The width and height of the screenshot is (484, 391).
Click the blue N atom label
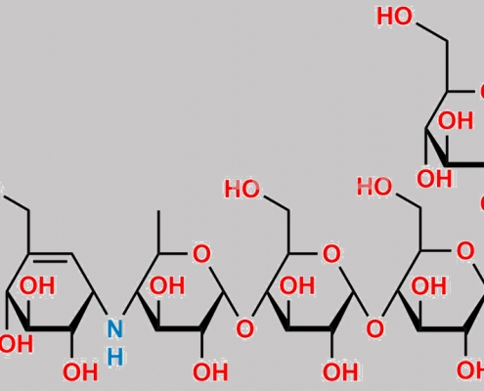115,328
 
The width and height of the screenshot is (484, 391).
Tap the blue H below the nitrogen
115,357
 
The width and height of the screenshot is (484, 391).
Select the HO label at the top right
394,17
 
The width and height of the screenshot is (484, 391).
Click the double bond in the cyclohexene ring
51,257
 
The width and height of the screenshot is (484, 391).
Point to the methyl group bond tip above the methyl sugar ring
158,211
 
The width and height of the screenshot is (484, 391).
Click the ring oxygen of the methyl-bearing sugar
201,254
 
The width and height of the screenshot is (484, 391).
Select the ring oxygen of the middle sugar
331,254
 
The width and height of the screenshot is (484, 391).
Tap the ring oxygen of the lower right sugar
465,251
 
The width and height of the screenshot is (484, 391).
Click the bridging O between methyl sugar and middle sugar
244,328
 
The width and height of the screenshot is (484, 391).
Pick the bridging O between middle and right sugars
374,328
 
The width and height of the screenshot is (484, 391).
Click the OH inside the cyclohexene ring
37,285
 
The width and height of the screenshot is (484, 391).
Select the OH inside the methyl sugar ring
167,285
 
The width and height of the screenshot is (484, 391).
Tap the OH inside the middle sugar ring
297,285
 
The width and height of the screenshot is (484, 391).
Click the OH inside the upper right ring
455,120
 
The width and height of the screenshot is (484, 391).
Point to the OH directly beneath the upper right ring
434,179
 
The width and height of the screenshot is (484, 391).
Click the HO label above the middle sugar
242,189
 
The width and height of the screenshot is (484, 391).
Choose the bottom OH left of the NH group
80,372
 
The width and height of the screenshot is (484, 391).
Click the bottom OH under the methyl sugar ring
210,372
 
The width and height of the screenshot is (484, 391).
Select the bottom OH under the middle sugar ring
340,372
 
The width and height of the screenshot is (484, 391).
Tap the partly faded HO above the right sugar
374,187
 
